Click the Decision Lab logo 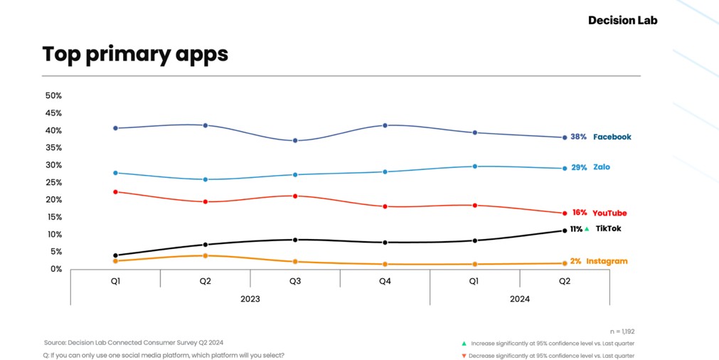tap(622, 21)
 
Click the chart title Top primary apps tap(135, 54)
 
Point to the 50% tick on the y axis tap(53, 95)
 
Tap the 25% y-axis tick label tap(53, 182)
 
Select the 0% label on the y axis tap(55, 269)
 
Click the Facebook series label tap(612, 137)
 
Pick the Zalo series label tap(602, 167)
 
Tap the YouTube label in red tap(609, 213)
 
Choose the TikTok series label tap(608, 228)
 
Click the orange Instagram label tap(607, 261)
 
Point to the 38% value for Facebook tap(578, 137)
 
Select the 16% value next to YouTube tap(579, 212)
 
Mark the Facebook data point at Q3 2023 tap(295, 140)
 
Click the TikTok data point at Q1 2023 tap(115, 255)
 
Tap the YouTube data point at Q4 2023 tap(385, 206)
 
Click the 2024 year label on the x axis tap(520, 299)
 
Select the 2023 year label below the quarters tap(250, 299)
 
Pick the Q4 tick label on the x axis tap(385, 281)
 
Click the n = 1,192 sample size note tap(622, 332)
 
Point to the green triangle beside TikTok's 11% tap(586, 229)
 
